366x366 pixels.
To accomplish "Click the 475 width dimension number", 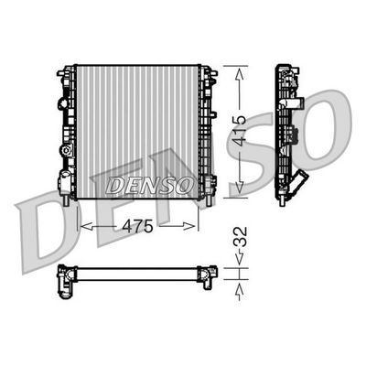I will [x=140, y=225].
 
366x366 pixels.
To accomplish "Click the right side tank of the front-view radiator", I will [x=208, y=128].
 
